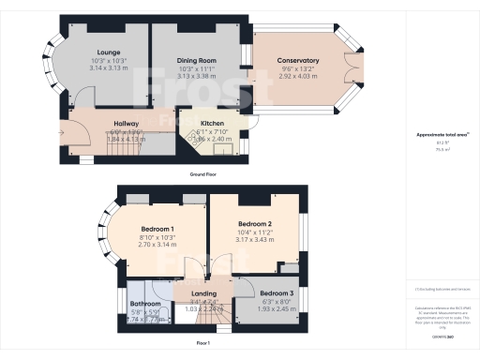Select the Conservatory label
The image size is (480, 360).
299,62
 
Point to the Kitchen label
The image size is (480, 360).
211,123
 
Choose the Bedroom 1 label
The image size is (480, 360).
157,230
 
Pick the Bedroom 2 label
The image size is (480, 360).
254,224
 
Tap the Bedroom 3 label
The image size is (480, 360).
277,292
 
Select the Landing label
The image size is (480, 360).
203,292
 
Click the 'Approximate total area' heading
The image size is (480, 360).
442,135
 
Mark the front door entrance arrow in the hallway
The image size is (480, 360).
62,133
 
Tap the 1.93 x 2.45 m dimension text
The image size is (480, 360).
277,308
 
